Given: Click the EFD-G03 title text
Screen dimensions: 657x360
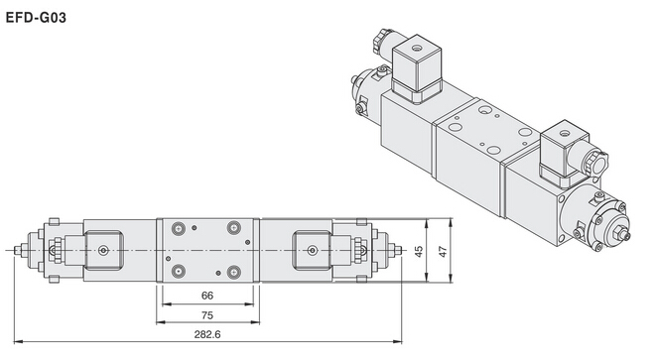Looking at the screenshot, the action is click(36, 18).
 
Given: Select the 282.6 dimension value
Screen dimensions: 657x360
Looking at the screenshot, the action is click(207, 334).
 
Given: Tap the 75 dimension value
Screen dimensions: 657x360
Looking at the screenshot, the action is click(207, 315).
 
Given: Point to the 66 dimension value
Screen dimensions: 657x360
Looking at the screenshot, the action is click(207, 296).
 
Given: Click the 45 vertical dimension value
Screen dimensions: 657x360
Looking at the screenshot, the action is click(418, 251).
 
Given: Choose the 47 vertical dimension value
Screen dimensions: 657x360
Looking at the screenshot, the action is click(443, 251).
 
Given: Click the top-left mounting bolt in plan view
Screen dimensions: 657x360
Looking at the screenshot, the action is click(179, 228).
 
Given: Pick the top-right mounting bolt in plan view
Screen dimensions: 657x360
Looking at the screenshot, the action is click(234, 228).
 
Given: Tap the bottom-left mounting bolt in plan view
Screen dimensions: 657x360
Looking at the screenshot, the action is click(179, 272).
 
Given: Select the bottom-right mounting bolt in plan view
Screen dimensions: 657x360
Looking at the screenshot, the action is click(234, 273).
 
